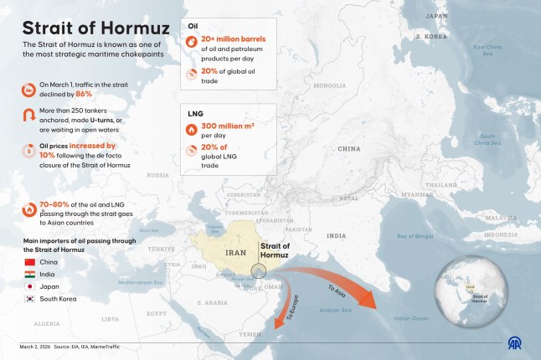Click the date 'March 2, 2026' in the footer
(x=37, y=345)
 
